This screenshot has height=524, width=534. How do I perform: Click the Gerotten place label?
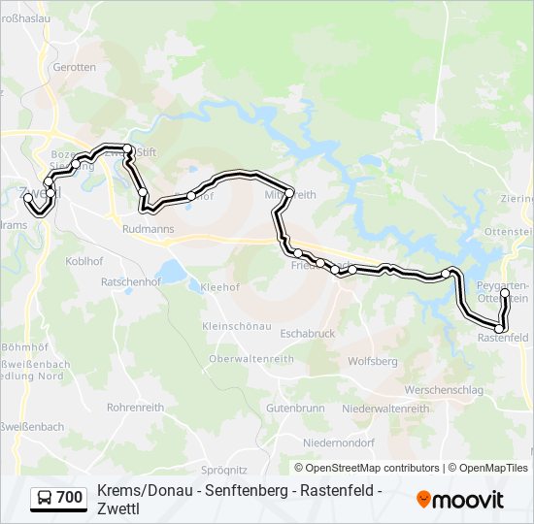75,67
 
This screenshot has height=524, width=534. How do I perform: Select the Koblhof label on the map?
84,260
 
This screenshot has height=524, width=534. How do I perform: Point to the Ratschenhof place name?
130,281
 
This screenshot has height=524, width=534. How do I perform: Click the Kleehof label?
219,287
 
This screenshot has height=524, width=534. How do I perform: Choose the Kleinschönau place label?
237,326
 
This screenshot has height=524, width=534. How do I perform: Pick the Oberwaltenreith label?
251,358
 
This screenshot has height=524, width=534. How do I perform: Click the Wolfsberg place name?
373,361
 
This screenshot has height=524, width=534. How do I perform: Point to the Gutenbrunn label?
295,409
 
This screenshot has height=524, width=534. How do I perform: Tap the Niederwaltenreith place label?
386,409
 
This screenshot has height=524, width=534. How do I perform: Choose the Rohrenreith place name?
135,408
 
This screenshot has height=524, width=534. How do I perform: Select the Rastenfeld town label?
503,338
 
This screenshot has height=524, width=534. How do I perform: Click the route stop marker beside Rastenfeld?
500,329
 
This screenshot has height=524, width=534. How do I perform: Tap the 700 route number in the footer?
70,498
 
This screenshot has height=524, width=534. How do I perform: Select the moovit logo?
460,500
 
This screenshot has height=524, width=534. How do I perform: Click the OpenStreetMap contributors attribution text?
366,468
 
